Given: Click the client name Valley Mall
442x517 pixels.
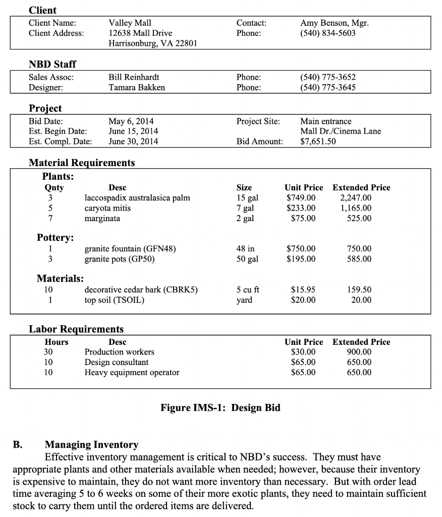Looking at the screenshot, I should (130, 23).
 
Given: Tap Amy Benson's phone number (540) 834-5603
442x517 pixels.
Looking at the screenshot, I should (328, 33).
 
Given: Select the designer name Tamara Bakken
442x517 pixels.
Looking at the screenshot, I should (137, 87).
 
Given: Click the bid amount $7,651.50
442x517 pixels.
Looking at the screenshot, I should (318, 141).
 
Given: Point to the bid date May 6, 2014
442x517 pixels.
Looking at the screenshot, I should (131, 121).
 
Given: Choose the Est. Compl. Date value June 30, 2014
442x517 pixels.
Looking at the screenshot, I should (133, 141).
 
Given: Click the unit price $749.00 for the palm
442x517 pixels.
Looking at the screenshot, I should (301, 197).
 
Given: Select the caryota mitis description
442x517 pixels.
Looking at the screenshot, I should (107, 208).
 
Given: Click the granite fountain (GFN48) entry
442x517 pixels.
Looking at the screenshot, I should (130, 248).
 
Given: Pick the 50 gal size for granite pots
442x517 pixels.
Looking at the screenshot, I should (247, 259).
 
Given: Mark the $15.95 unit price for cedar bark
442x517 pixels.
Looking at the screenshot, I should (304, 290).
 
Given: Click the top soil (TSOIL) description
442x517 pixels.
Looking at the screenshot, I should (115, 300).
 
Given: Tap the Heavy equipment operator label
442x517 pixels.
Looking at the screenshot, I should (132, 373).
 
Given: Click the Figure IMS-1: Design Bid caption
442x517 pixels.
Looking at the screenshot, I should (220, 408).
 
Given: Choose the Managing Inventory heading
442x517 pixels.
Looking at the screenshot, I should (91, 445).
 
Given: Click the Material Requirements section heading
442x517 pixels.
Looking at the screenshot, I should (82, 163).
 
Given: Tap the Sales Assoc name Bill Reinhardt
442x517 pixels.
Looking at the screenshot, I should (134, 77).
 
